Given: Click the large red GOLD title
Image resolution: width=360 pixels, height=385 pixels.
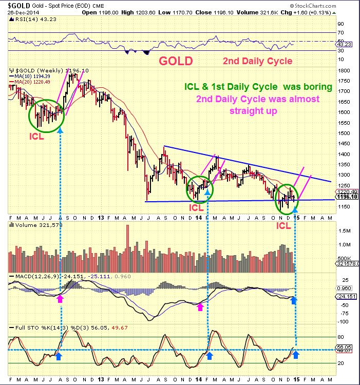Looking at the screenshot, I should (x=176, y=61).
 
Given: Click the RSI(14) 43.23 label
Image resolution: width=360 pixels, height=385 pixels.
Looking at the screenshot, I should (x=29, y=20).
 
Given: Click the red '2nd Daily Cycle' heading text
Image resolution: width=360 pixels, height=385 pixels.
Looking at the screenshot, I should (x=257, y=61).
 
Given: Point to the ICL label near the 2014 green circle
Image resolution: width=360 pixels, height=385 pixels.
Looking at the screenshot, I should (x=197, y=208).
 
